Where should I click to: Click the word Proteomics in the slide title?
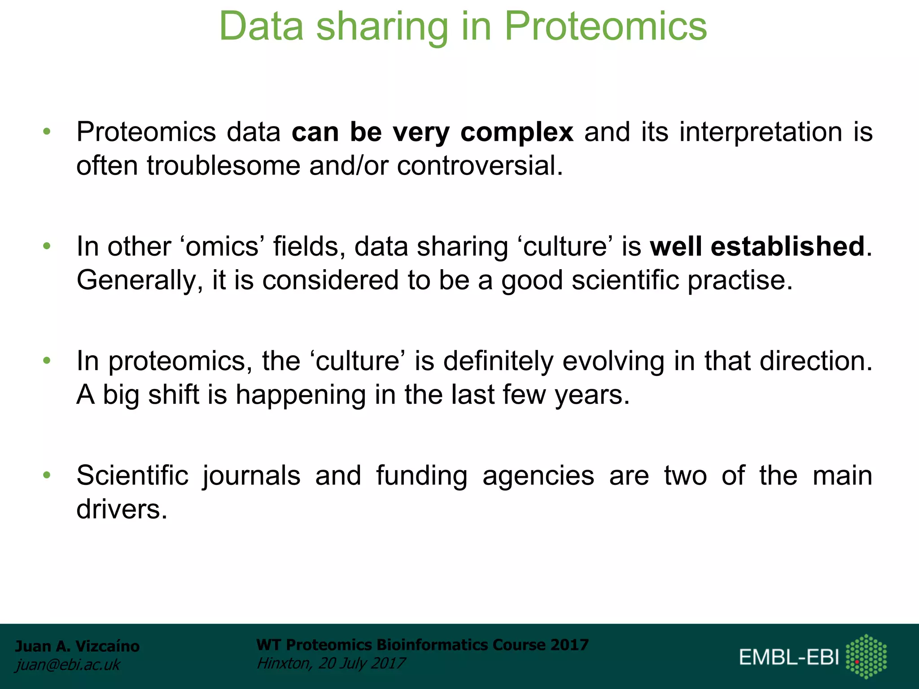point(605,27)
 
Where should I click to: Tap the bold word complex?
point(516,132)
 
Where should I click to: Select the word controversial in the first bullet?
point(479,166)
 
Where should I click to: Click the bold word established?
point(788,246)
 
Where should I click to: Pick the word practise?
point(740,281)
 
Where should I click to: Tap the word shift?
point(173,395)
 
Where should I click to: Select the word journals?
point(251,475)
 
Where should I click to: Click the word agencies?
point(538,475)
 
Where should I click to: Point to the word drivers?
point(121,510)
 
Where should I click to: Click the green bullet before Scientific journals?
point(47,475)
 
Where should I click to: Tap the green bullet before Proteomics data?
point(47,132)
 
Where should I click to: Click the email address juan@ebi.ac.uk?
point(68,664)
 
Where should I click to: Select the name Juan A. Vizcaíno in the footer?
point(77,646)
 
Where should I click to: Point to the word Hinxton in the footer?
point(284,663)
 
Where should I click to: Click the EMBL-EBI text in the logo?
point(788,657)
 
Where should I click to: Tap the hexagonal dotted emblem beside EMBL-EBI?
point(866,656)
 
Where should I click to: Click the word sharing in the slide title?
point(382,27)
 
